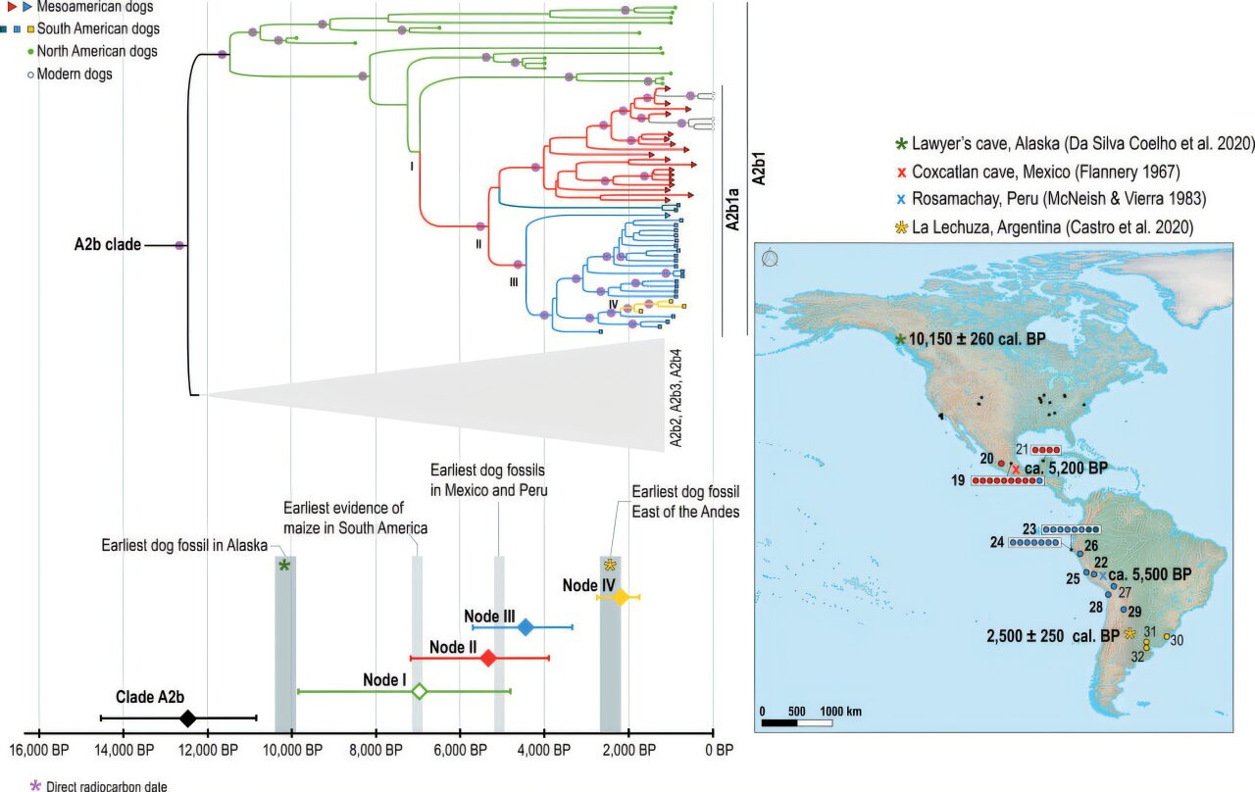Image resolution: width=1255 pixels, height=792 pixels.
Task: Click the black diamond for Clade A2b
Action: [x=188, y=718]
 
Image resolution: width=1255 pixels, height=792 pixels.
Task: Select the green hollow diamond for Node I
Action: [x=419, y=691]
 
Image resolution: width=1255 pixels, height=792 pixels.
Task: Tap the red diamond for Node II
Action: [x=488, y=658]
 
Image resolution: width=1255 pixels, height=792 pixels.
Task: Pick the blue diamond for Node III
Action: [x=526, y=627]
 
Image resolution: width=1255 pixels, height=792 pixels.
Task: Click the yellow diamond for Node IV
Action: [x=620, y=596]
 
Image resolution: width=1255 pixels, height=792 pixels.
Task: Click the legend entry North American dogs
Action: [x=82, y=51]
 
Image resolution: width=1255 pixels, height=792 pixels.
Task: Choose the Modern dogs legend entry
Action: [x=74, y=74]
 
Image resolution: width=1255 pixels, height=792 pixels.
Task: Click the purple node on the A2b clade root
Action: [x=179, y=246]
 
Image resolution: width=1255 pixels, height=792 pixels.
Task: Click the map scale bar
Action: [x=796, y=722]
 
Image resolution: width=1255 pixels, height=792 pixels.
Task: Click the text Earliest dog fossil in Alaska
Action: [x=181, y=547]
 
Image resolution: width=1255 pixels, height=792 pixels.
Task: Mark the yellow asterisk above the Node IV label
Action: [x=610, y=565]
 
